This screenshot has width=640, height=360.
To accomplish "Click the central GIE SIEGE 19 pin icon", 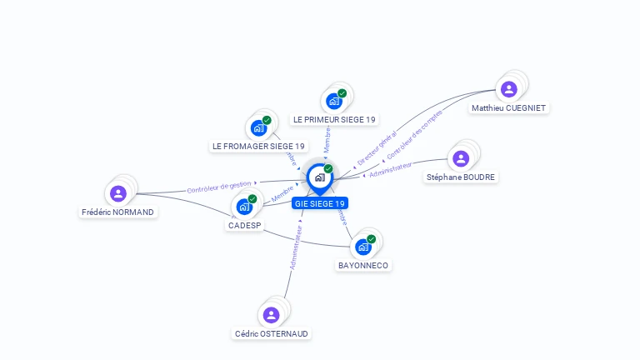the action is [319, 177].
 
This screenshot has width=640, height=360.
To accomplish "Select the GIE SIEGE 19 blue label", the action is [319, 203].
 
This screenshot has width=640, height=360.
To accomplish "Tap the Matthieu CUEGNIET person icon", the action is [508, 89].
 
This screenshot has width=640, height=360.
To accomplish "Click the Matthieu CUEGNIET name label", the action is [509, 108].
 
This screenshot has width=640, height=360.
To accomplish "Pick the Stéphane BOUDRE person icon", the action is [461, 158].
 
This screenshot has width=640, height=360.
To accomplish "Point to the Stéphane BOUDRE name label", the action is [461, 177].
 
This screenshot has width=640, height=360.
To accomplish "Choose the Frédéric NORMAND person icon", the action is [118, 193].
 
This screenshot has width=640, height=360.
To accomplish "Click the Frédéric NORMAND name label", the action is [118, 212].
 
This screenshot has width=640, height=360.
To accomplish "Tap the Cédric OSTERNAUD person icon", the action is [271, 315].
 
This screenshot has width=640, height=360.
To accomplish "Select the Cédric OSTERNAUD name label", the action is [271, 334].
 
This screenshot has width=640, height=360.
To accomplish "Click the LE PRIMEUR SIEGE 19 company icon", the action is [334, 101].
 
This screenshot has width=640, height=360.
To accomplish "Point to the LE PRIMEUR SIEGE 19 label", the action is [334, 120].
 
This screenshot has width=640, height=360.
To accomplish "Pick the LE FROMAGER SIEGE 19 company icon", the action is [258, 127].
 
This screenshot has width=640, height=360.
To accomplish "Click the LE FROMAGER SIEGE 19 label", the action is [258, 147].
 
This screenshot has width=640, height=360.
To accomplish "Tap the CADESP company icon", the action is [244, 206].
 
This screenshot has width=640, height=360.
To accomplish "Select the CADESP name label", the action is [244, 225].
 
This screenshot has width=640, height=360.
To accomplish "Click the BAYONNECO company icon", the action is [363, 247].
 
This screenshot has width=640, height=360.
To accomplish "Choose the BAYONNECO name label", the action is [363, 266].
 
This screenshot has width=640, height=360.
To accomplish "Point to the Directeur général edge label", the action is [377, 147].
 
